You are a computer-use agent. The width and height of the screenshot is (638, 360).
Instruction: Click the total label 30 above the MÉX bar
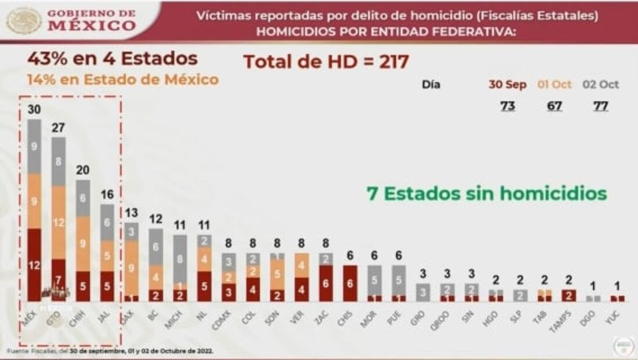(x=34, y=110)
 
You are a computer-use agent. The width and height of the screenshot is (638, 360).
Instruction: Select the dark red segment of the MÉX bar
(x=34, y=265)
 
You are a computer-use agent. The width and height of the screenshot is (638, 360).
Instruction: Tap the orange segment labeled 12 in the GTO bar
(x=59, y=222)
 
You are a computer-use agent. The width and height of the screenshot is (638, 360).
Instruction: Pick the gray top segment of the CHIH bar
(x=83, y=197)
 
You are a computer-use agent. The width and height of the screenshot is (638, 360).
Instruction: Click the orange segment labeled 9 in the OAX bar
(x=132, y=268)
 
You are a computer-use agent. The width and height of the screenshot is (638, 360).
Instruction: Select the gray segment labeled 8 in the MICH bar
(x=181, y=259)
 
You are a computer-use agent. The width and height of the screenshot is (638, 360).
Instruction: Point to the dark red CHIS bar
(x=350, y=283)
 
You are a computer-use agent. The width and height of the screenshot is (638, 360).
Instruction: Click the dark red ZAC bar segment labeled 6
(x=326, y=283)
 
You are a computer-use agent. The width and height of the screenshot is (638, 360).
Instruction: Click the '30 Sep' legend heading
(x=507, y=85)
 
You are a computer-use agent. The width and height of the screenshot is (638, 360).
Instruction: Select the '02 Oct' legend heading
(x=601, y=85)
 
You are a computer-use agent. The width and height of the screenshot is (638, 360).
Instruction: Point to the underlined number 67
(x=554, y=106)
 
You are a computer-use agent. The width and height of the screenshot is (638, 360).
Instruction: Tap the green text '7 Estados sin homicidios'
(x=486, y=193)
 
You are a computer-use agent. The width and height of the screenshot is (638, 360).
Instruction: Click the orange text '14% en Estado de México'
(x=123, y=80)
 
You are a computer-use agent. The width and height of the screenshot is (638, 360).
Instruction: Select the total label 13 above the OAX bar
(x=132, y=213)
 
